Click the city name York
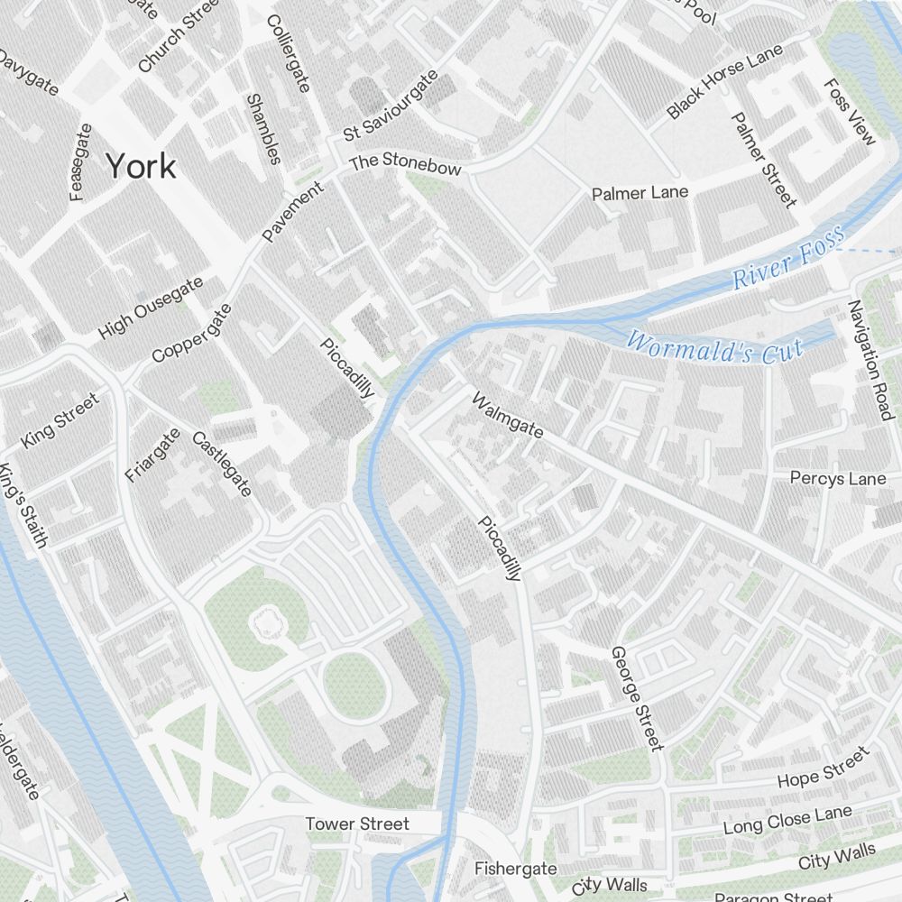(x=141, y=166)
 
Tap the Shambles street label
(x=262, y=129)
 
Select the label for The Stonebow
(x=405, y=163)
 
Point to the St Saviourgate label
(x=391, y=106)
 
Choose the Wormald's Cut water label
(x=713, y=347)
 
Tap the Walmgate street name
(x=508, y=415)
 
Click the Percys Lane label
(x=838, y=478)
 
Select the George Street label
(x=637, y=697)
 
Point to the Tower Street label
(x=357, y=824)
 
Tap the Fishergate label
(x=515, y=869)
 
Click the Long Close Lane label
(x=787, y=821)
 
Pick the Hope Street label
(x=823, y=767)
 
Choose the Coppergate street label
(x=191, y=333)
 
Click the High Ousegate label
(x=151, y=308)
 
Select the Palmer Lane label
(x=640, y=193)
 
